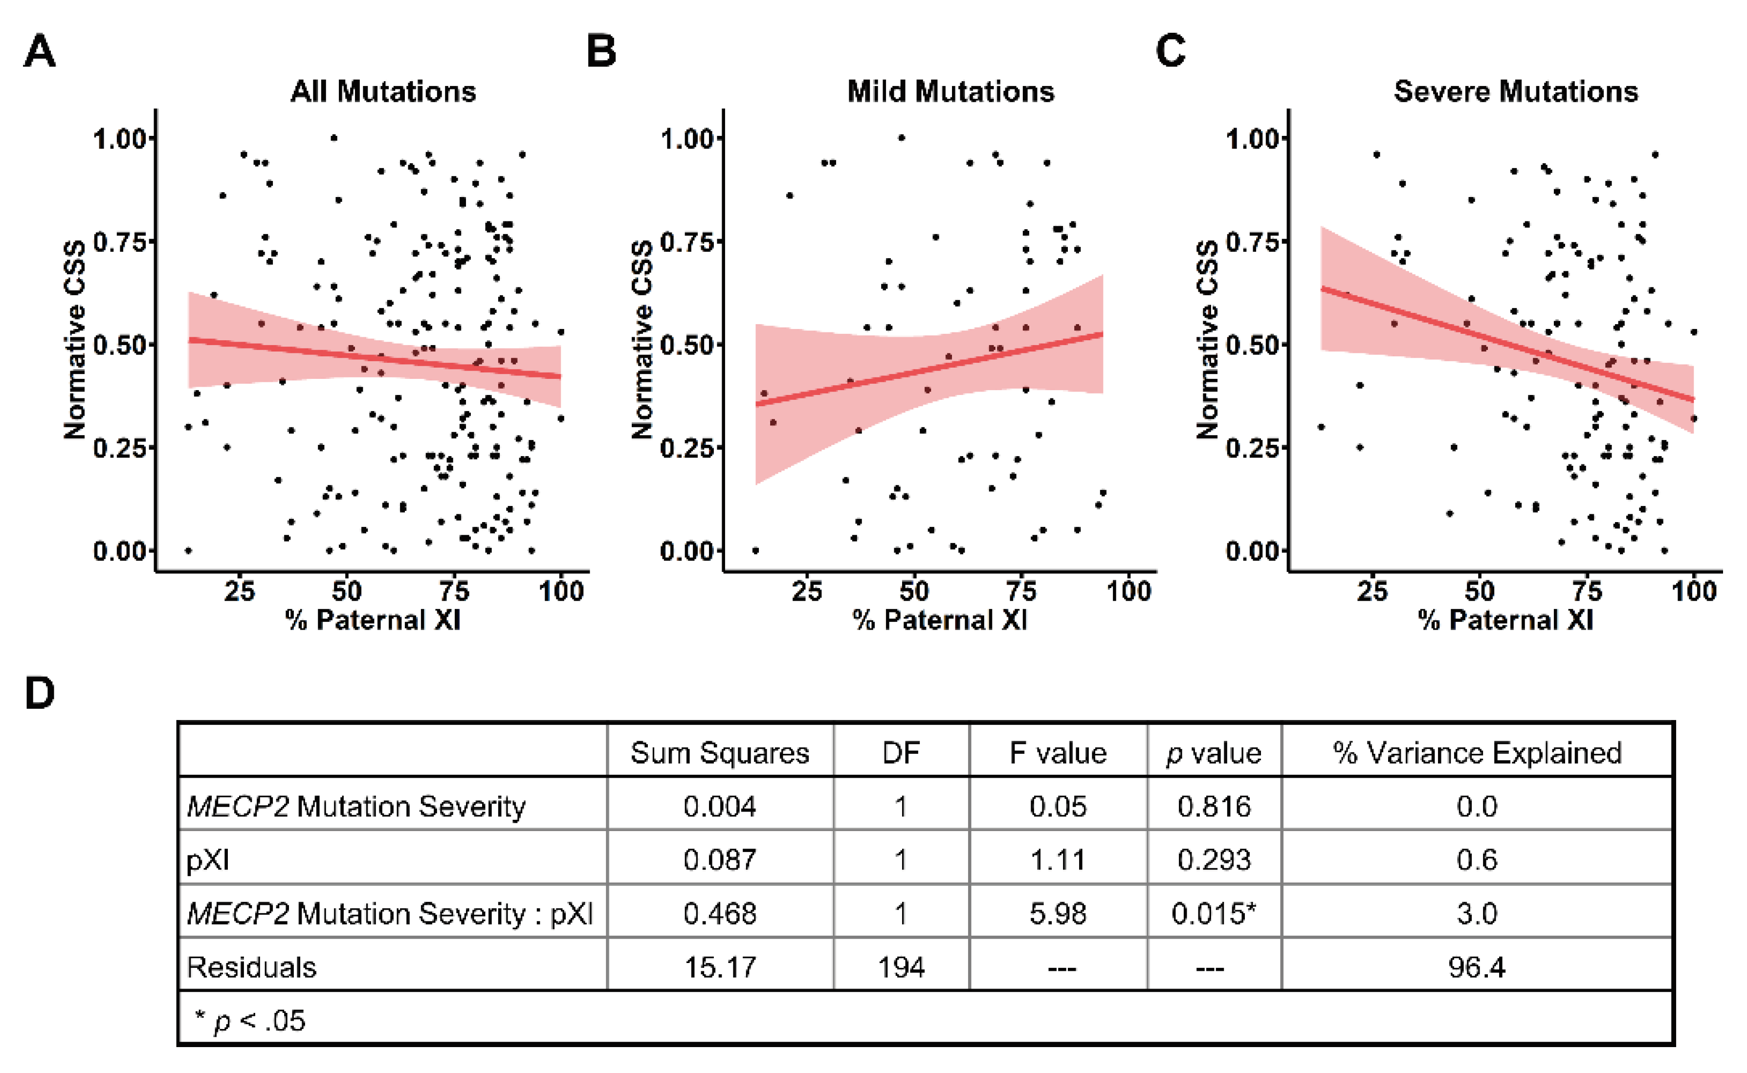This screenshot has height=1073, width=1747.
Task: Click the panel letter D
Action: pos(40,693)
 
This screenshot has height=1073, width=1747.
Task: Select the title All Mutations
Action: pos(383,91)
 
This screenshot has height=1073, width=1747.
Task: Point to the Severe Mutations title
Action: pos(1516,91)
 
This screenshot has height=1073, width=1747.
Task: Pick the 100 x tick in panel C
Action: pos(1694,591)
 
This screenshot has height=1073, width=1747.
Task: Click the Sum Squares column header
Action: pos(720,753)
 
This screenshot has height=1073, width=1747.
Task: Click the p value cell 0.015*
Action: pos(1214,913)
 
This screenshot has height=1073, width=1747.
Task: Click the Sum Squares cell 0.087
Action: pos(720,860)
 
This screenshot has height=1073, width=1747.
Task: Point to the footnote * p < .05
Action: pos(250,1021)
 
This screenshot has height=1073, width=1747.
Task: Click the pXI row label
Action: pos(207,860)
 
